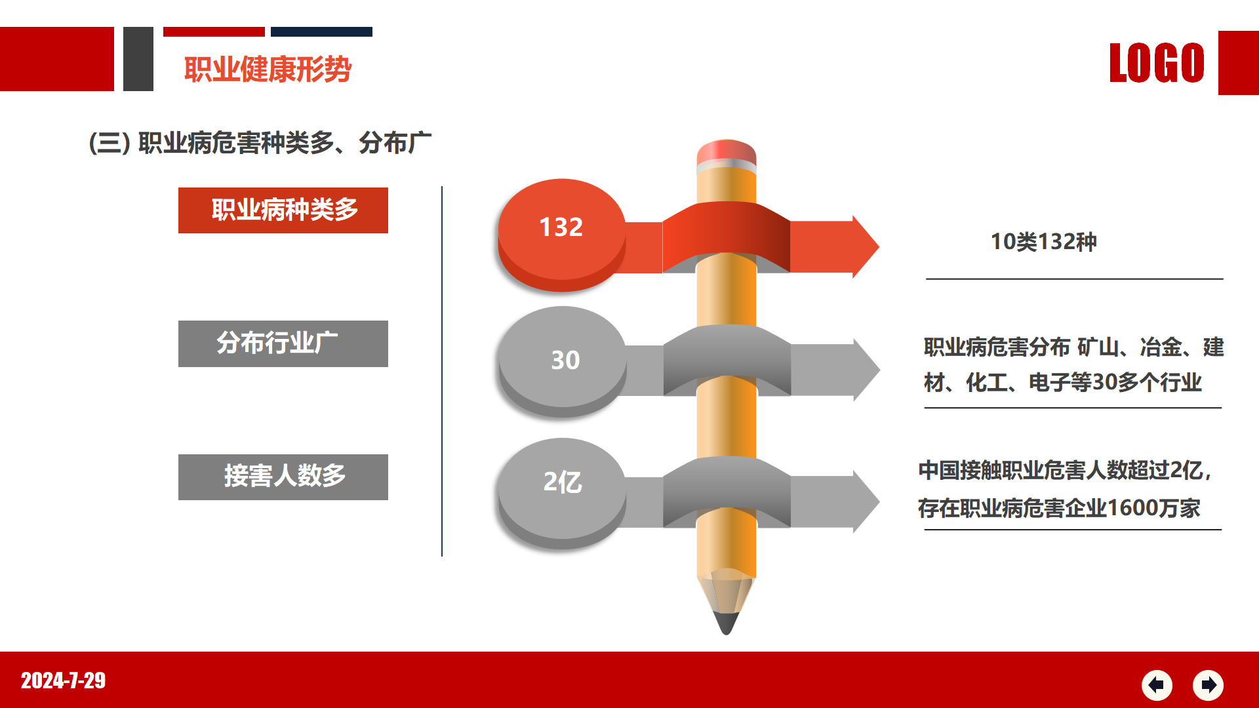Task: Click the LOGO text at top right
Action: pyautogui.click(x=1157, y=63)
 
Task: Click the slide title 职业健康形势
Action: pyautogui.click(x=268, y=69)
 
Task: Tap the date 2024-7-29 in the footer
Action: pyautogui.click(x=63, y=680)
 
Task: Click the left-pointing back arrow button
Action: pyautogui.click(x=1157, y=685)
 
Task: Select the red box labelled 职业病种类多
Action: pyautogui.click(x=283, y=210)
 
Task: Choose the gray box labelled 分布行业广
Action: pyautogui.click(x=283, y=344)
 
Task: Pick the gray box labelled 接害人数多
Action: pyautogui.click(x=283, y=477)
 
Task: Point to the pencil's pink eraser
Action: pyautogui.click(x=727, y=152)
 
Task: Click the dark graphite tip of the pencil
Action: pyautogui.click(x=726, y=623)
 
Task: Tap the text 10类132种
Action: pyautogui.click(x=1043, y=242)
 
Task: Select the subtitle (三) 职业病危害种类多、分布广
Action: pyautogui.click(x=260, y=143)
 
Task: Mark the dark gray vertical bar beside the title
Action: pyautogui.click(x=138, y=59)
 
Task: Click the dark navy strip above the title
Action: pyautogui.click(x=321, y=31)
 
